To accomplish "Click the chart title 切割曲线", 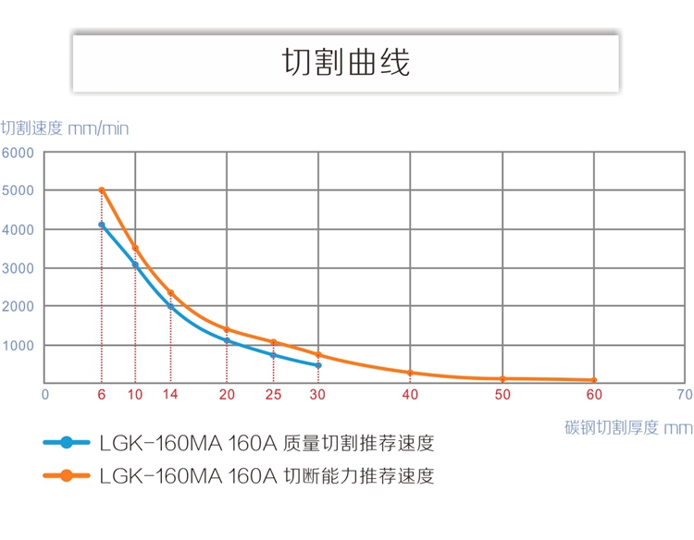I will pyautogui.click(x=345, y=62).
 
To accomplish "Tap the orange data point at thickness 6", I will pyautogui.click(x=102, y=190).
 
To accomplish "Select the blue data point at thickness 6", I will pyautogui.click(x=102, y=225).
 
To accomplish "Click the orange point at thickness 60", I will pyautogui.click(x=593, y=380).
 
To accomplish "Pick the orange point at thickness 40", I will pyautogui.click(x=410, y=373).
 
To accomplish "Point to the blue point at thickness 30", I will pyautogui.click(x=318, y=365).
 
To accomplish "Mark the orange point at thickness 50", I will pyautogui.click(x=502, y=379).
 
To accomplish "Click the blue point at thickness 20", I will pyautogui.click(x=227, y=340).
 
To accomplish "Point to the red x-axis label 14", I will pyautogui.click(x=170, y=395).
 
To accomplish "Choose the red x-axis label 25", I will pyautogui.click(x=273, y=395).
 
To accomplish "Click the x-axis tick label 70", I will pyautogui.click(x=684, y=395).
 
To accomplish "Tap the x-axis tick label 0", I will pyautogui.click(x=44, y=395).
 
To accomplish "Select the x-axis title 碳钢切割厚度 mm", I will pyautogui.click(x=627, y=427).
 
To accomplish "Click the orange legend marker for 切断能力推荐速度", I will pyautogui.click(x=66, y=476).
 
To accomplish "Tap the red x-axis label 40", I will pyautogui.click(x=410, y=395).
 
